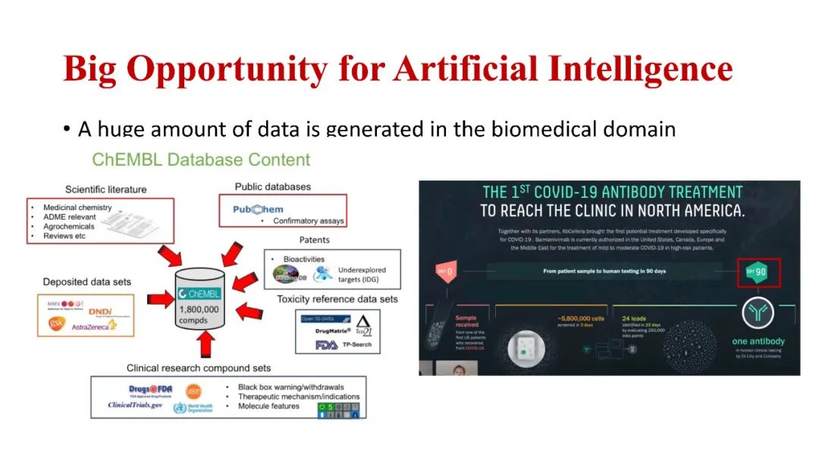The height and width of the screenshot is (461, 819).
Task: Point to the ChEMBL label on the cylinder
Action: click(x=199, y=293)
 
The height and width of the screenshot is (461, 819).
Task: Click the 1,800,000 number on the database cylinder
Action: click(x=199, y=309)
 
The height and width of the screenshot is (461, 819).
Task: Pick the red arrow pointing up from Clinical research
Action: click(x=202, y=346)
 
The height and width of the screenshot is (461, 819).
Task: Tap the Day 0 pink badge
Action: click(x=445, y=271)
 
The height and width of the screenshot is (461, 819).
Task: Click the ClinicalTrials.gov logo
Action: click(x=135, y=406)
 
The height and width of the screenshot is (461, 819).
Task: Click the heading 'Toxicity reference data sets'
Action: click(x=337, y=299)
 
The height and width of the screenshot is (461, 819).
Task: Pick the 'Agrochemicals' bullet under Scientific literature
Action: click(x=68, y=227)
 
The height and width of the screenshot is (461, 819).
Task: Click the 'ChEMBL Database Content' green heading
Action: click(x=201, y=160)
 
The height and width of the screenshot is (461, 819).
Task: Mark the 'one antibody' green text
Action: click(x=758, y=341)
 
